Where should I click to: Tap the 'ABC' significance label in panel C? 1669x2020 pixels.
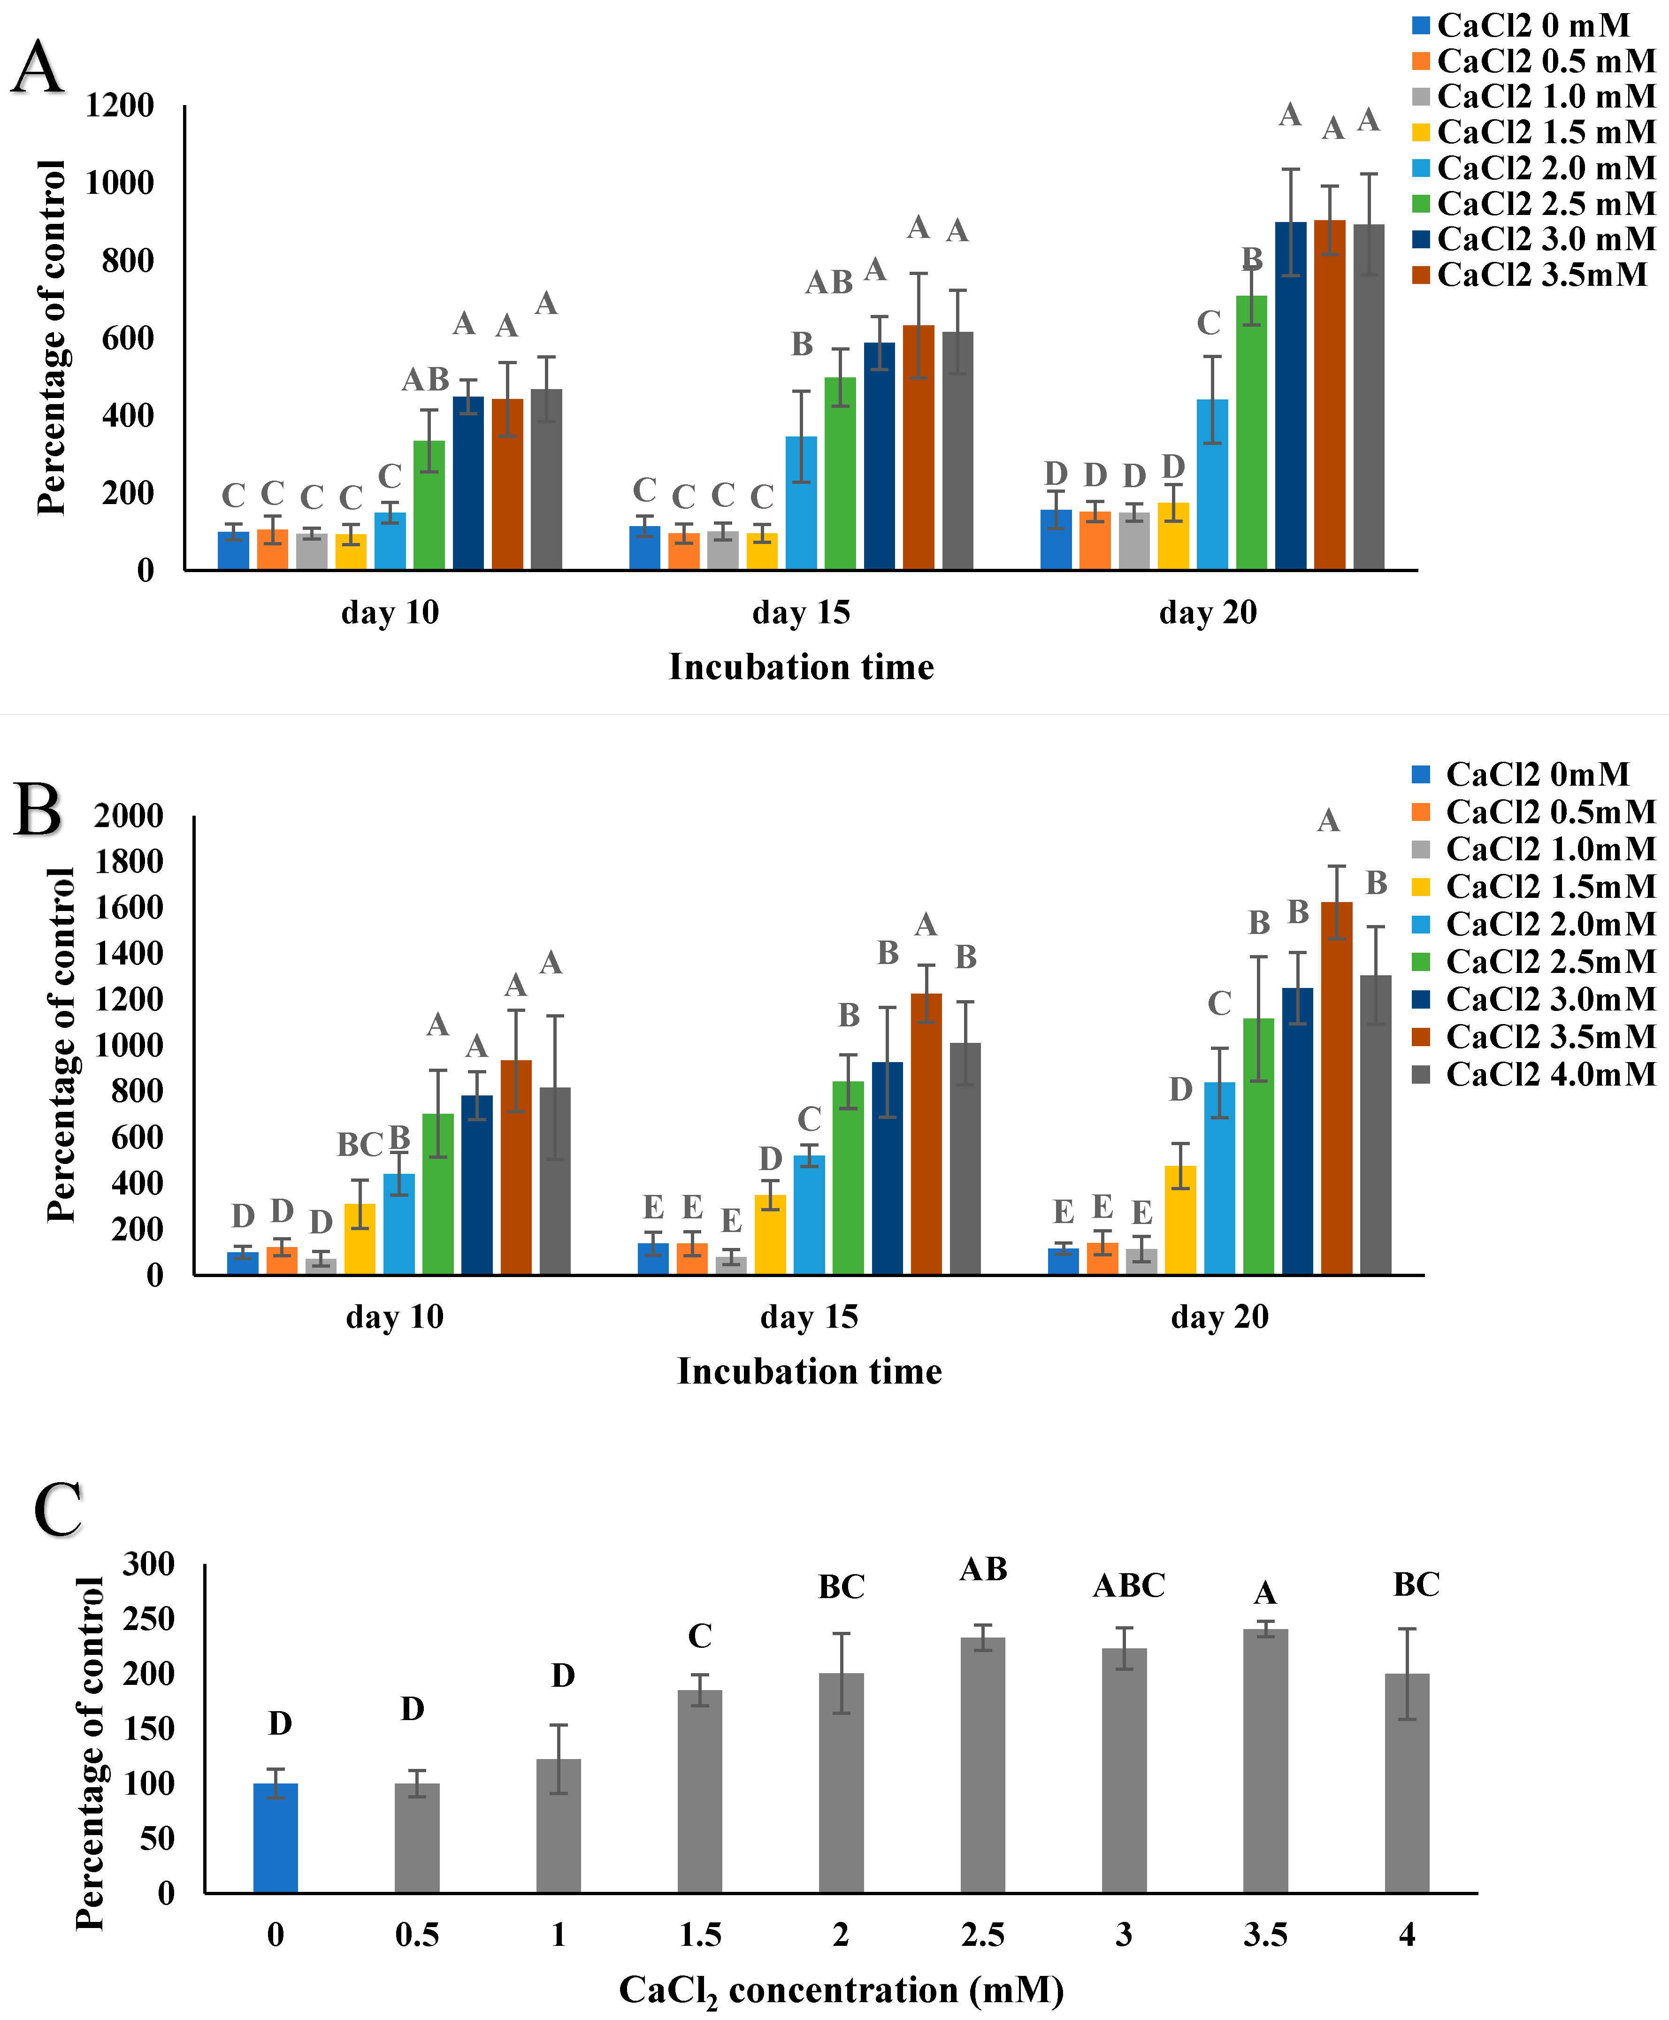point(1129,1585)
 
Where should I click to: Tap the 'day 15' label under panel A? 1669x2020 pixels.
point(801,612)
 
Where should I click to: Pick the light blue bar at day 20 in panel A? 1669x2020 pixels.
point(1212,484)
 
